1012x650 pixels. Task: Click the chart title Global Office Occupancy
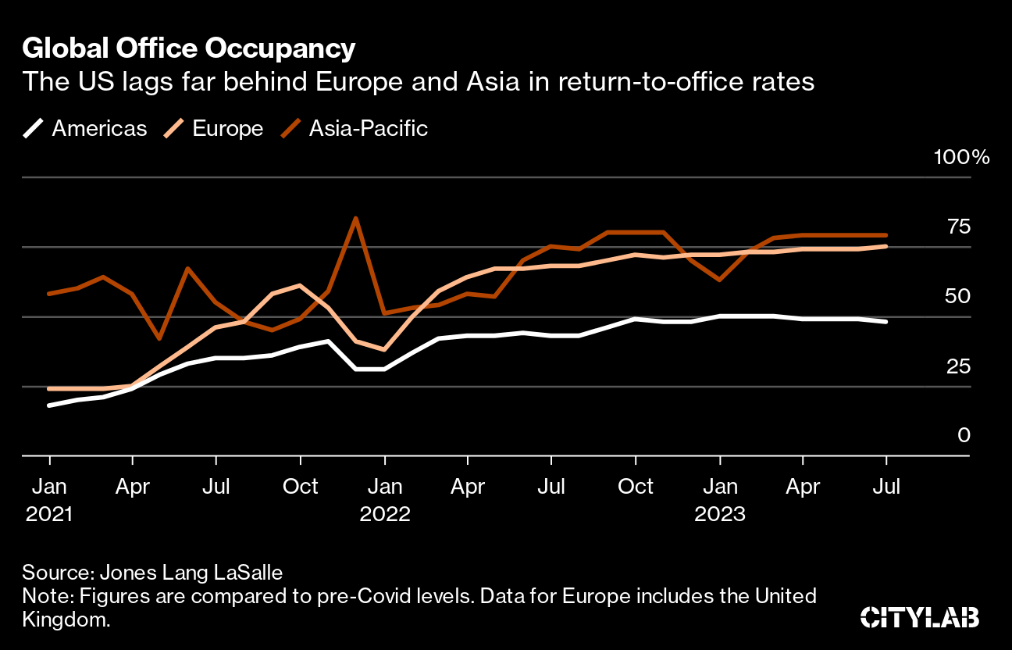point(189,48)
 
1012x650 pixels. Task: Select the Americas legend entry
point(85,128)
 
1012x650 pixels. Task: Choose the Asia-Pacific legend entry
point(355,128)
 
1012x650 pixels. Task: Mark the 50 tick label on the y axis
point(959,296)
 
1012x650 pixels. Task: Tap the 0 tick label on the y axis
point(964,435)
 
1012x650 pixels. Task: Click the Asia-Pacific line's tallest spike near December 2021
point(356,218)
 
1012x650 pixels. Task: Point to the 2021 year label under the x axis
point(50,515)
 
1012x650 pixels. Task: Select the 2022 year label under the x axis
point(384,515)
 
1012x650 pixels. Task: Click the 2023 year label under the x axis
point(720,515)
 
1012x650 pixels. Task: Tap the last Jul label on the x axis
point(886,487)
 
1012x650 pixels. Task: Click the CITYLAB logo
point(919,617)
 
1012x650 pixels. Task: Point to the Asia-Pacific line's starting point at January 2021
point(50,294)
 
